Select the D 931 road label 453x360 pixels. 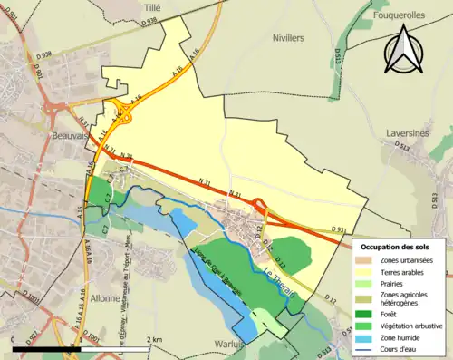338,228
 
